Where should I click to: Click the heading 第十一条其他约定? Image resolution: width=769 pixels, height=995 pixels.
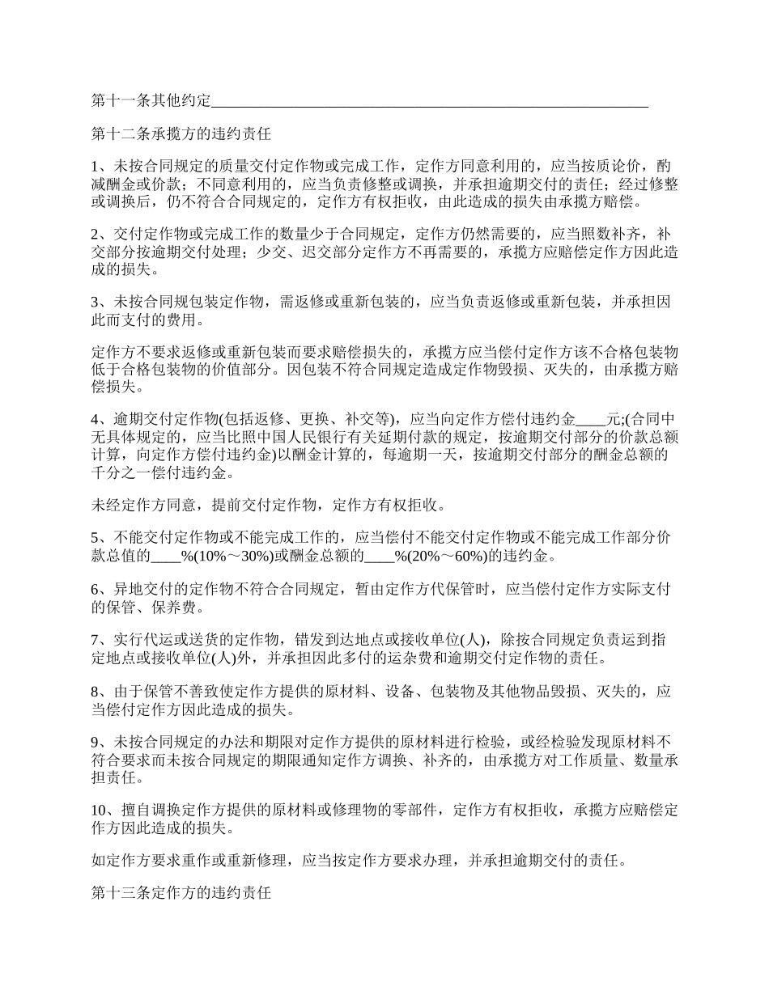pos(151,101)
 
